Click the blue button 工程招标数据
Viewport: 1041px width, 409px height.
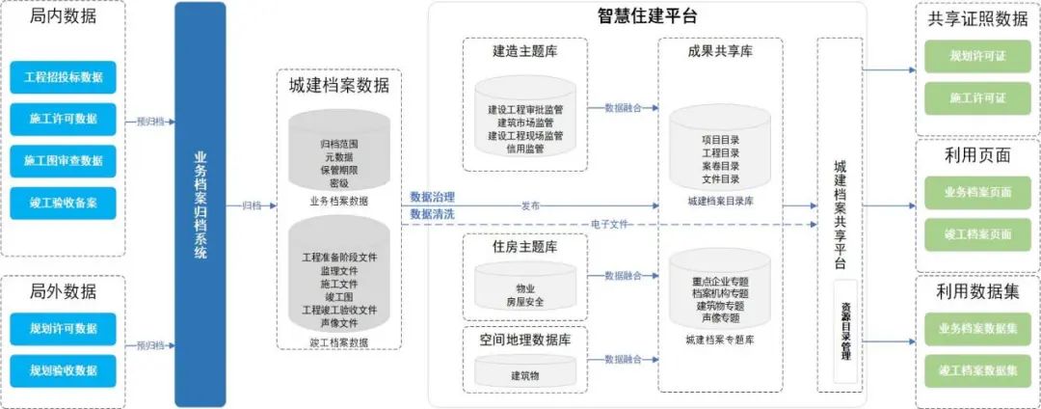(x=63, y=77)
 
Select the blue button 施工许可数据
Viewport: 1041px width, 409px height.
(x=63, y=119)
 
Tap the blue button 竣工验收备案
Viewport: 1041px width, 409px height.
(x=63, y=203)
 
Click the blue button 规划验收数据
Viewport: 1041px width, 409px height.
(x=63, y=370)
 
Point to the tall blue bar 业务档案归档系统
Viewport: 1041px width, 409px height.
(x=200, y=204)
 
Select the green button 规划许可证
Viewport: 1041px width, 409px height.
(x=977, y=56)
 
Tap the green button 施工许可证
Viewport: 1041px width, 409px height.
(x=977, y=98)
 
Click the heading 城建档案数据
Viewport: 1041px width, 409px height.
(x=339, y=85)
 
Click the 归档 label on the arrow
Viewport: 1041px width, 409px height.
(x=252, y=205)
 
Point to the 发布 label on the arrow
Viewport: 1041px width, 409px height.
(x=530, y=205)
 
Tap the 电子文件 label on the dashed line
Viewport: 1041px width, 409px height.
(x=610, y=225)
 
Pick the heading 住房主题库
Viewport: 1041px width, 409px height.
(x=525, y=247)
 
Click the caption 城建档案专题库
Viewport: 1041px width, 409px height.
(x=720, y=341)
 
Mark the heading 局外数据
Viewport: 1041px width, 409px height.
(x=63, y=290)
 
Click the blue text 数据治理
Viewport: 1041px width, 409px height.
(x=432, y=197)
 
